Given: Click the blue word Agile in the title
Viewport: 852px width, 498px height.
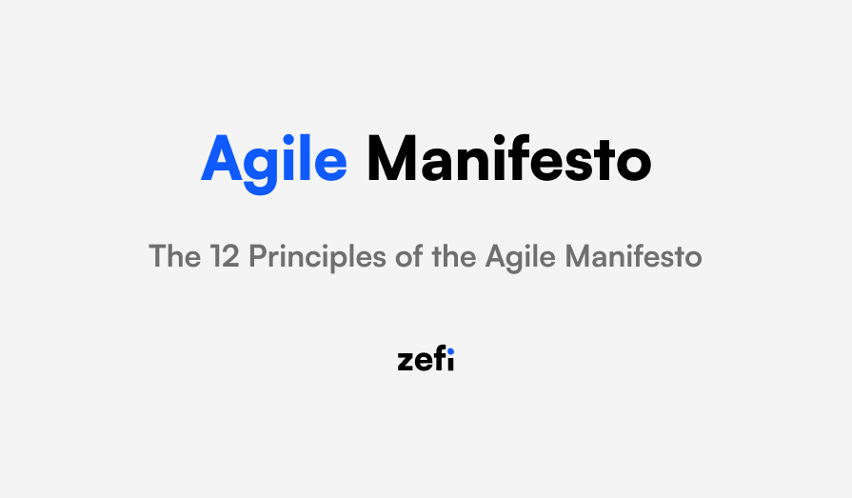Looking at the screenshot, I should pos(274,160).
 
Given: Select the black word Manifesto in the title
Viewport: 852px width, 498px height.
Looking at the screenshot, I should pos(509,160).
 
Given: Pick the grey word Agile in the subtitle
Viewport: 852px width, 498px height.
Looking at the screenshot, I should pos(521,257).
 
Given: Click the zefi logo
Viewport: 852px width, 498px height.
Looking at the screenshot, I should pos(426,360).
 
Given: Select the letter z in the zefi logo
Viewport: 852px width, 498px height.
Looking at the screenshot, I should pos(406,363).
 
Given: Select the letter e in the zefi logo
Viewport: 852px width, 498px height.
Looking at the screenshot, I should pos(423,363).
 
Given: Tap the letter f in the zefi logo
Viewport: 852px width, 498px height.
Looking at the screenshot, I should pos(438,360).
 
